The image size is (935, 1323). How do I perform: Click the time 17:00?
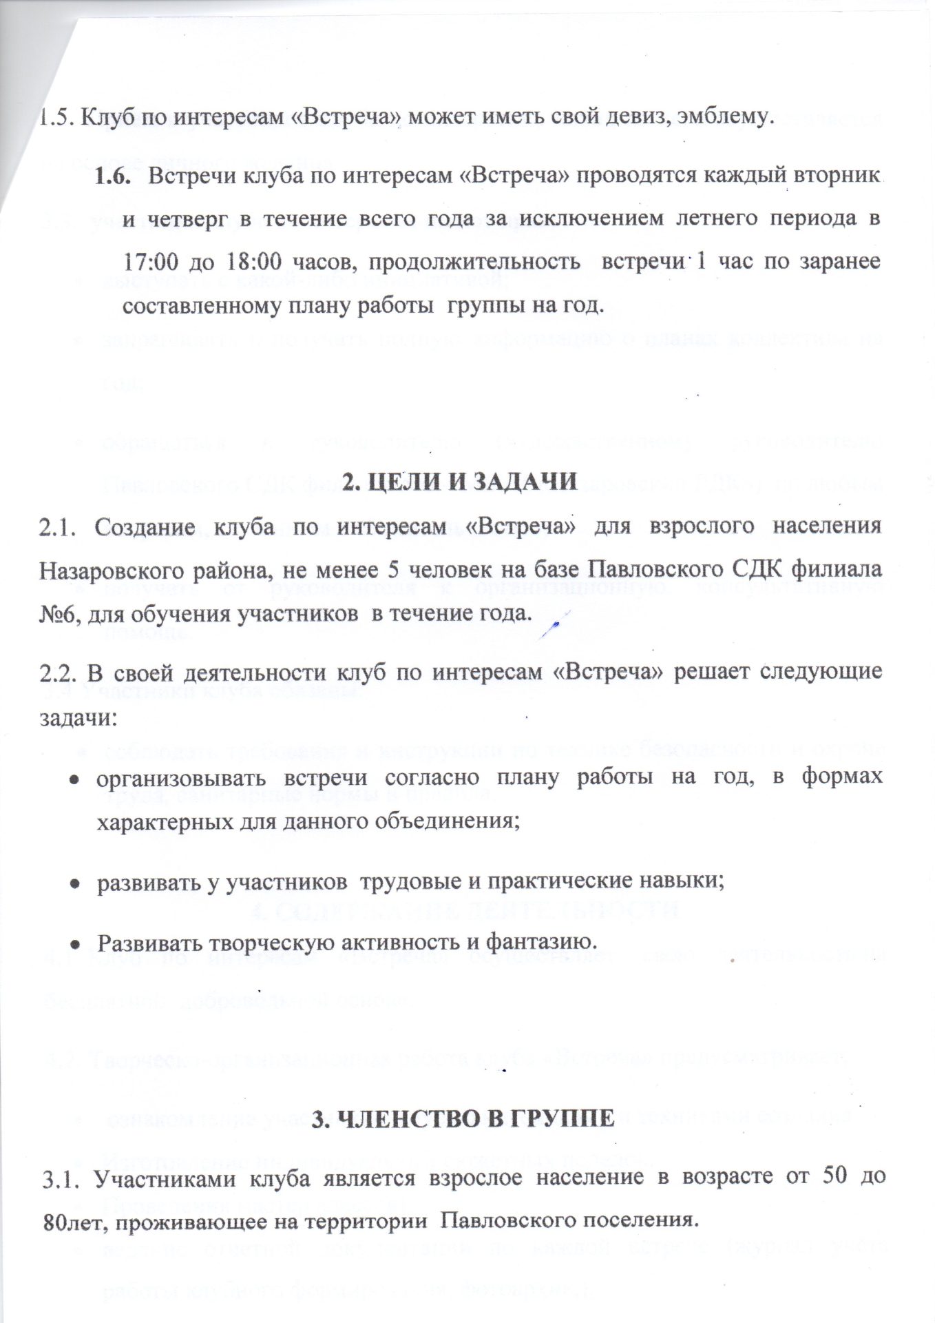(151, 263)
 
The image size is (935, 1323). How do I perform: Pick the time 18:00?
(243, 263)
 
